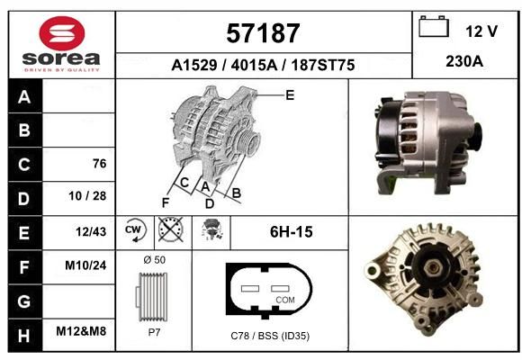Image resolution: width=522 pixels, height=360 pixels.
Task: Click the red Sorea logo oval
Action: (62, 33)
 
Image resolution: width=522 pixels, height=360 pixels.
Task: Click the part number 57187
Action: (263, 33)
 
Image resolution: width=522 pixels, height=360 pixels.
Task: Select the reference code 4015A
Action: (254, 65)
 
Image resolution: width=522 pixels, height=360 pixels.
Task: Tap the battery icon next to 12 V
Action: (434, 27)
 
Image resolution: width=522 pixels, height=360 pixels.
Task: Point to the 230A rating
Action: (464, 61)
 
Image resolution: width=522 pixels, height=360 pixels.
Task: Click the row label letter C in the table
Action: (24, 165)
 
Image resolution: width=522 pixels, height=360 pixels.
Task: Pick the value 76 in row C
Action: (100, 164)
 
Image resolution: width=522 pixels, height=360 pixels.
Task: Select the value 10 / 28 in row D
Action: (87, 196)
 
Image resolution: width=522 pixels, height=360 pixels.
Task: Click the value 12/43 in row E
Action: (91, 231)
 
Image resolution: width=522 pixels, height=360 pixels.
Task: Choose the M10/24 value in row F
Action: (85, 265)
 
